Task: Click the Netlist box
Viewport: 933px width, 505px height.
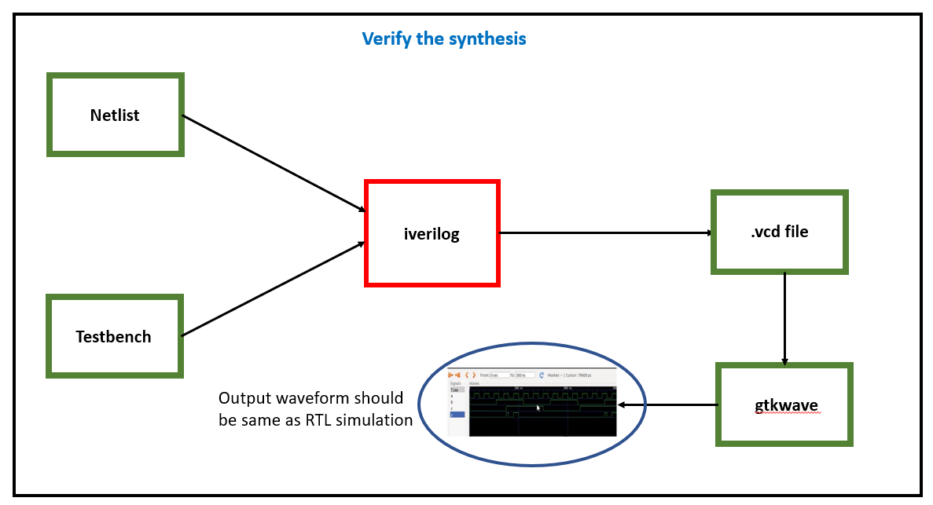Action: [x=115, y=115]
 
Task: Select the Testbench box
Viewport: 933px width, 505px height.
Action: [x=114, y=337]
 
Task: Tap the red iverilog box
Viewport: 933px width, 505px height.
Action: [x=432, y=233]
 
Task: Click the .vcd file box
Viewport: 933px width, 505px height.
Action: [x=779, y=232]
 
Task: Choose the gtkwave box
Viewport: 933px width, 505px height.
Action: [x=784, y=405]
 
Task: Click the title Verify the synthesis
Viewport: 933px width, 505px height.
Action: [x=443, y=38]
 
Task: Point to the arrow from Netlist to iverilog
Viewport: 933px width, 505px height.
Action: [x=274, y=163]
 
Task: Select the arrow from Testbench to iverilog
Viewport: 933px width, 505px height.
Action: [x=274, y=289]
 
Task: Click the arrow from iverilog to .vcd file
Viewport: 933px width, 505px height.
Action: [x=605, y=232]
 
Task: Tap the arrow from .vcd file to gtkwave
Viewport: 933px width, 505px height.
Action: [x=784, y=318]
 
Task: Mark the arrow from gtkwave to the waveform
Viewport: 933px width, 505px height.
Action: [x=668, y=405]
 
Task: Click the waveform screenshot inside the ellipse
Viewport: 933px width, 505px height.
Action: [x=533, y=401]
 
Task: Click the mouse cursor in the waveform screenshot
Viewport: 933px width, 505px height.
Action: [x=538, y=408]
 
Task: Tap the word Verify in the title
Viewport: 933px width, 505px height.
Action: [x=385, y=38]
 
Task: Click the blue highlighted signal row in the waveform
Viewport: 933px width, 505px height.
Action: [x=457, y=414]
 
